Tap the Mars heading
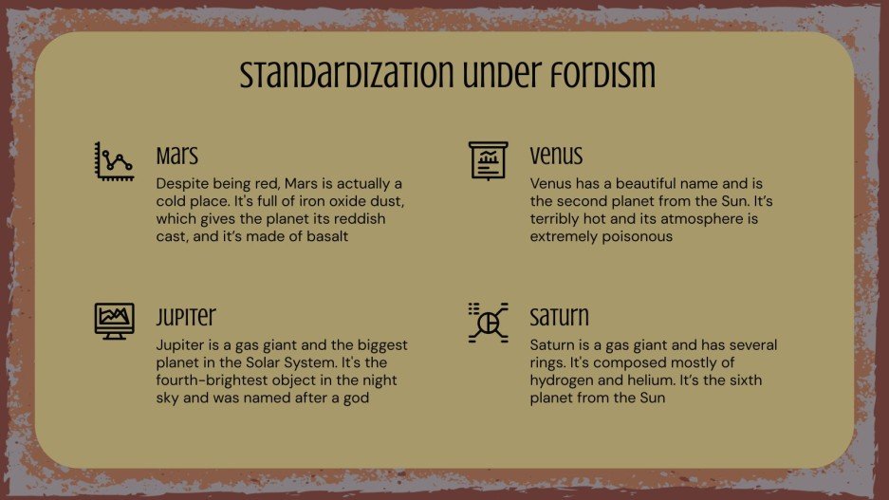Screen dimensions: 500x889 [177, 156]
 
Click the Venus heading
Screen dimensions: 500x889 [556, 156]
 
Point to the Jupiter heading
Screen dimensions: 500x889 [186, 316]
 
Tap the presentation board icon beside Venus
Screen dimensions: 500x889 [488, 161]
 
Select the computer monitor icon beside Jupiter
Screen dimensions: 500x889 [114, 322]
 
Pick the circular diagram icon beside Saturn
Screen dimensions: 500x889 [488, 323]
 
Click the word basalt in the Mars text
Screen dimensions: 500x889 [327, 236]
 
